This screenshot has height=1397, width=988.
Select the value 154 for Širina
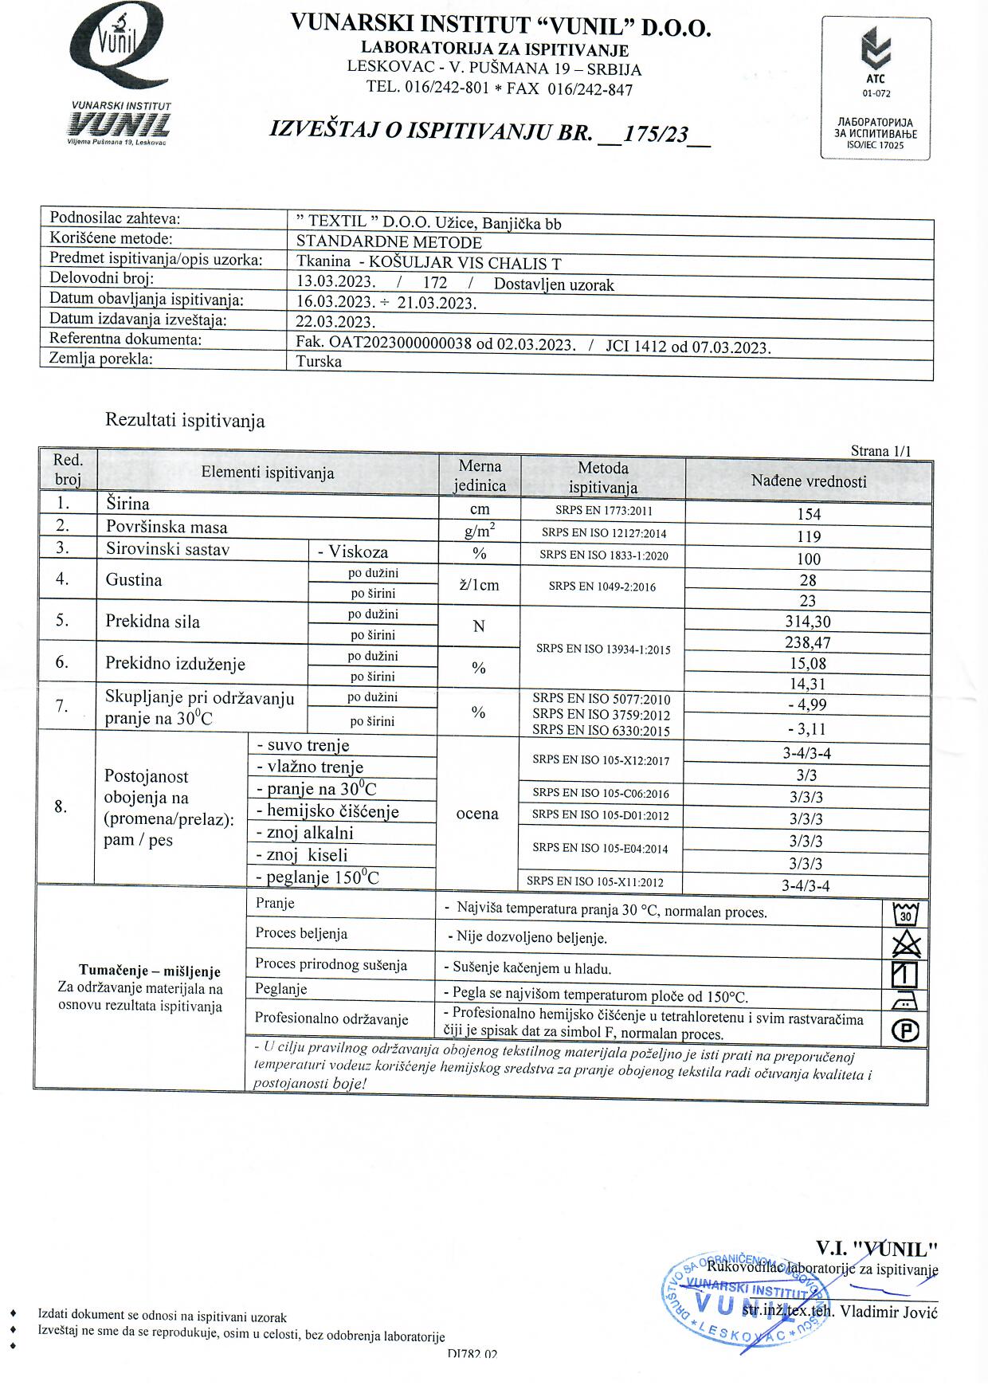click(x=808, y=515)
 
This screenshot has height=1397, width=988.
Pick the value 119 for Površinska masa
click(x=808, y=537)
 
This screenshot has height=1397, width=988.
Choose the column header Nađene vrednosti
click(x=808, y=481)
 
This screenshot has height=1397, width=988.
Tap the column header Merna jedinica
click(x=480, y=476)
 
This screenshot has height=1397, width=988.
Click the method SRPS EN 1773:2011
click(x=602, y=511)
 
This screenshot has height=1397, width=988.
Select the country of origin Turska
click(x=319, y=362)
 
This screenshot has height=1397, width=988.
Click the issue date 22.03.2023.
click(x=335, y=322)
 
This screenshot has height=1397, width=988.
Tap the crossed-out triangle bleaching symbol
click(x=906, y=944)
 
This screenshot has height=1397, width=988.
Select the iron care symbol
click(x=906, y=1001)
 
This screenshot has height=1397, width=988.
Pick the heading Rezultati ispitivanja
click(x=185, y=421)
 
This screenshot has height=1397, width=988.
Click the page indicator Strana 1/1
click(x=880, y=451)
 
